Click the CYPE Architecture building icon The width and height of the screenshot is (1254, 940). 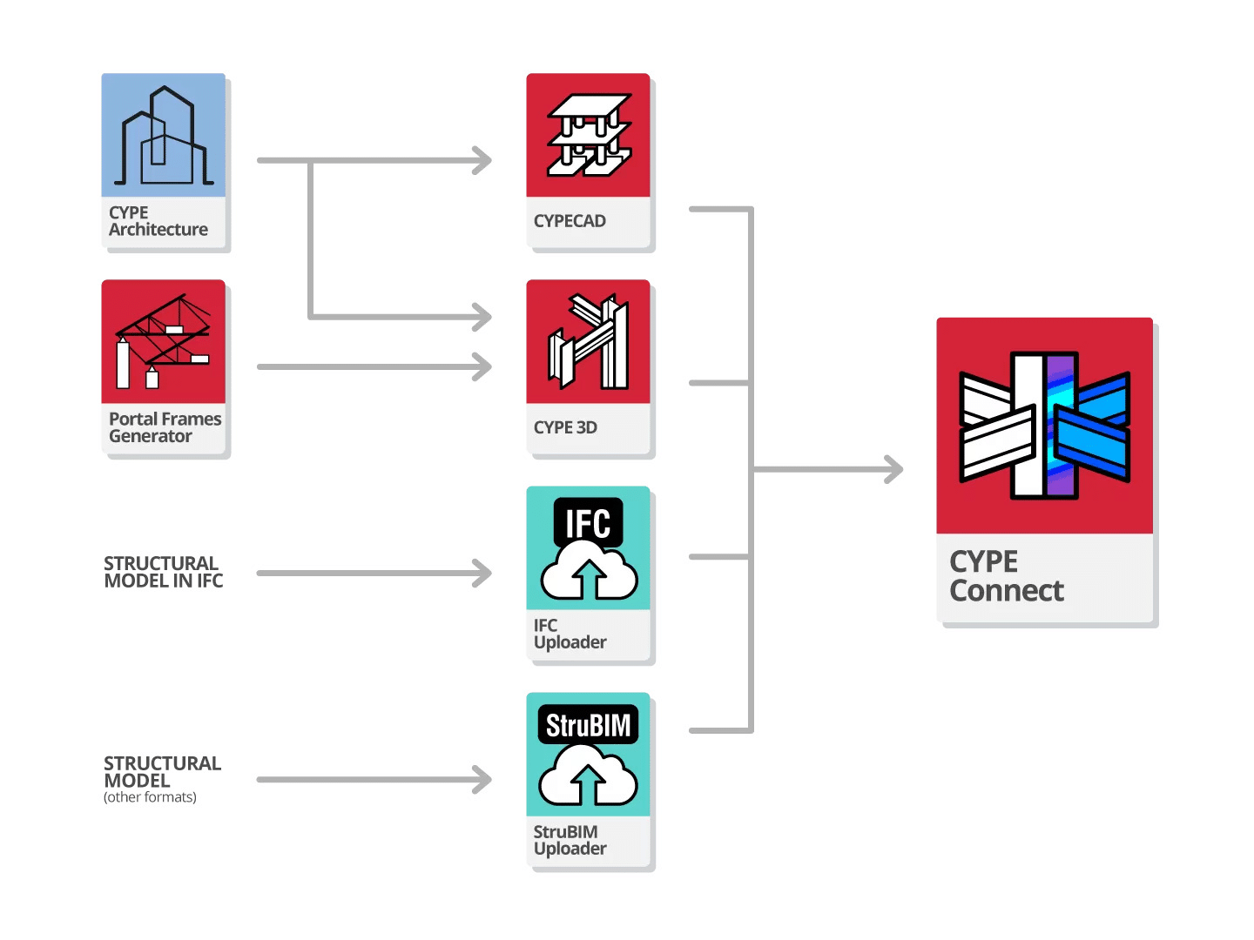click(164, 136)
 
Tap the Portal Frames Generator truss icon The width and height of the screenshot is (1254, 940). click(164, 342)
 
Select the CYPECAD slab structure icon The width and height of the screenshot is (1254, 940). click(589, 135)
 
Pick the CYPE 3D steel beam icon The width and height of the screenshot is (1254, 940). click(589, 341)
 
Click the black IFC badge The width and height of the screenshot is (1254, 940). click(589, 522)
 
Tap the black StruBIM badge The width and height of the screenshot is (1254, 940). click(589, 724)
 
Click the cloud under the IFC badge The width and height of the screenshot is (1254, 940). click(589, 574)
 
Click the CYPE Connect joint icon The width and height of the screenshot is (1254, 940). click(1044, 426)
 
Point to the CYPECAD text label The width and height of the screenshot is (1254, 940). click(570, 221)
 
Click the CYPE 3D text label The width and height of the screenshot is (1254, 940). click(565, 427)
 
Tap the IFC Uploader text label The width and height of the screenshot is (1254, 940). click(570, 634)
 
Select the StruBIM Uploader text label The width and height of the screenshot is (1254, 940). click(570, 841)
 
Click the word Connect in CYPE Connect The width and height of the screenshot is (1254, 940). click(1007, 591)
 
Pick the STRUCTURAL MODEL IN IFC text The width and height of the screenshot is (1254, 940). click(163, 572)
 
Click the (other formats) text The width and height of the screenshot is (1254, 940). click(150, 797)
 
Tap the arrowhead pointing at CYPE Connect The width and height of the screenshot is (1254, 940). click(894, 469)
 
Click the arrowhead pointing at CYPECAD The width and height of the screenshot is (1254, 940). click(482, 160)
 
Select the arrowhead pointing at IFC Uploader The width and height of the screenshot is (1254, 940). click(482, 573)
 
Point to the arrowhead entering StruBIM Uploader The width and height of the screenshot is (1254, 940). click(482, 779)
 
